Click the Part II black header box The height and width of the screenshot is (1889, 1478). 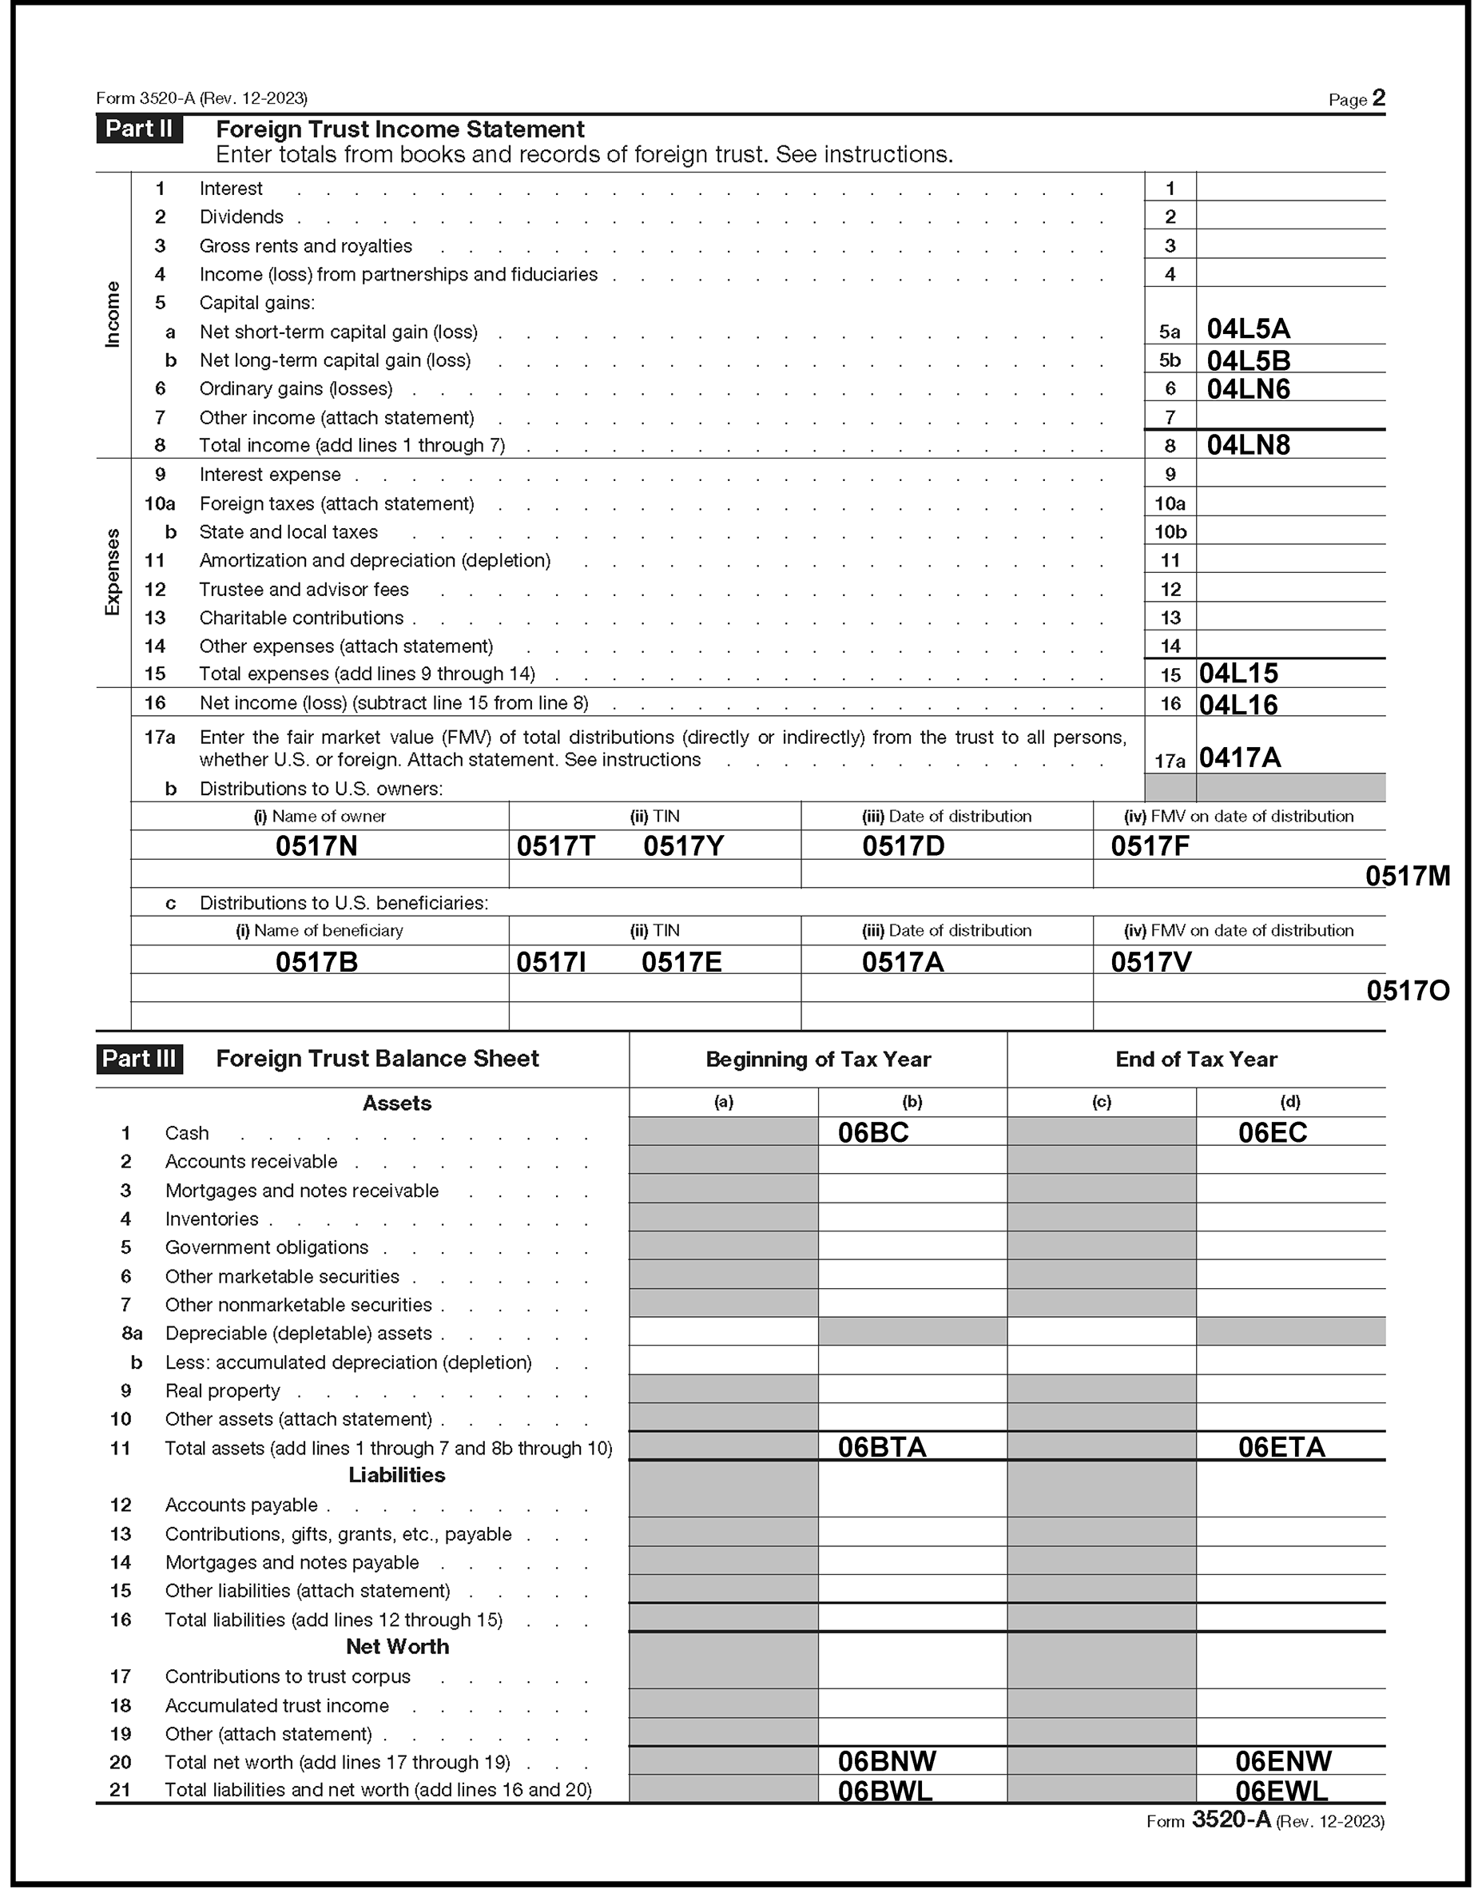click(x=138, y=129)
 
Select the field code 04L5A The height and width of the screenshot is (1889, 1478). click(x=1248, y=330)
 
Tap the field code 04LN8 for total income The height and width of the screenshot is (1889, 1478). click(x=1248, y=446)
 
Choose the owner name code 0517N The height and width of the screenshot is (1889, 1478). click(x=316, y=846)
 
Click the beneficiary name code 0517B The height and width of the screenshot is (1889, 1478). click(x=316, y=962)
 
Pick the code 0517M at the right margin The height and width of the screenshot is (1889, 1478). click(x=1407, y=877)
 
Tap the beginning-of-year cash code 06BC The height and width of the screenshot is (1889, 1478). click(x=872, y=1134)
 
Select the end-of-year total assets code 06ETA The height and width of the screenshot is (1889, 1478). click(x=1281, y=1448)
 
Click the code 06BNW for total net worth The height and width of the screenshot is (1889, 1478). click(x=886, y=1761)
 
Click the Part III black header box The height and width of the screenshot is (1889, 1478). click(x=138, y=1059)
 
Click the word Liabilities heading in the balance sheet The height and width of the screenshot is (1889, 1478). click(x=396, y=1475)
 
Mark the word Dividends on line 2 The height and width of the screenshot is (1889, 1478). click(x=241, y=217)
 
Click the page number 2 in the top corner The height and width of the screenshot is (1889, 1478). click(x=1378, y=97)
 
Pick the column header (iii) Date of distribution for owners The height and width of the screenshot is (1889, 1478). click(x=946, y=817)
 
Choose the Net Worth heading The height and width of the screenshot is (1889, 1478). click(x=396, y=1647)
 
